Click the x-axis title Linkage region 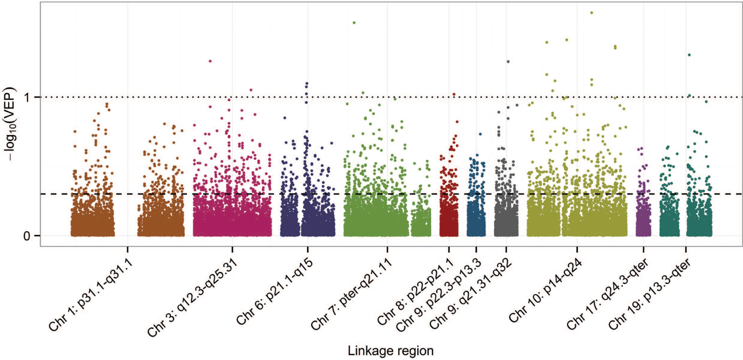pyautogui.click(x=390, y=350)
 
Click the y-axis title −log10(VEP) pyautogui.click(x=9, y=124)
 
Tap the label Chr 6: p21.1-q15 pyautogui.click(x=275, y=292)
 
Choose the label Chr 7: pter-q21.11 pyautogui.click(x=351, y=294)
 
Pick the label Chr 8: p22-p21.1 pyautogui.click(x=416, y=292)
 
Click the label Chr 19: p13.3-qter pyautogui.click(x=649, y=294)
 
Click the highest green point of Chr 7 pyautogui.click(x=354, y=23)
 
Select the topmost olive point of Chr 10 pyautogui.click(x=592, y=13)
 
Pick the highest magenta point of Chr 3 pyautogui.click(x=210, y=61)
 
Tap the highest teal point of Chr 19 pyautogui.click(x=689, y=55)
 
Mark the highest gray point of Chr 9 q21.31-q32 pyautogui.click(x=508, y=62)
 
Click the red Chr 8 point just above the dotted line pyautogui.click(x=454, y=94)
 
